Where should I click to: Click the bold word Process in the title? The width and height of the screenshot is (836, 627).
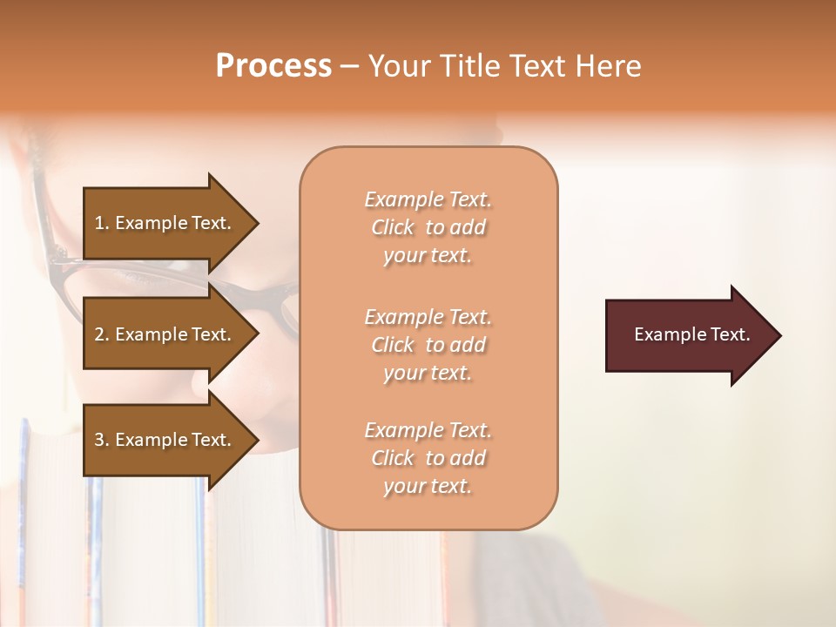click(273, 66)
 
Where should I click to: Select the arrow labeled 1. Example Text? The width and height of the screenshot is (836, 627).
click(165, 223)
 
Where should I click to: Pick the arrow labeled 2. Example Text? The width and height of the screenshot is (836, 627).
click(165, 334)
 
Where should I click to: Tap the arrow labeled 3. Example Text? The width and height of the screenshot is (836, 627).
click(165, 440)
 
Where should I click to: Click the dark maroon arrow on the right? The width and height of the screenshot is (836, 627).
click(688, 335)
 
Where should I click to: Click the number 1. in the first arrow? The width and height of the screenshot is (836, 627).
click(102, 223)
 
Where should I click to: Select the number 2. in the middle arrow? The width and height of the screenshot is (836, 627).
click(102, 334)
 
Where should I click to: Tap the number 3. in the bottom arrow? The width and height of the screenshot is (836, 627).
click(102, 440)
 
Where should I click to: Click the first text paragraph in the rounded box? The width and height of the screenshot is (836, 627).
click(428, 227)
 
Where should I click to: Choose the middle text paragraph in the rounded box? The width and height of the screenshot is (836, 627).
click(428, 345)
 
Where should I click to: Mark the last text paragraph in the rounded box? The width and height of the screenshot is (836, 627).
click(428, 458)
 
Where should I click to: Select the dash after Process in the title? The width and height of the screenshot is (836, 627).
click(349, 67)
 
